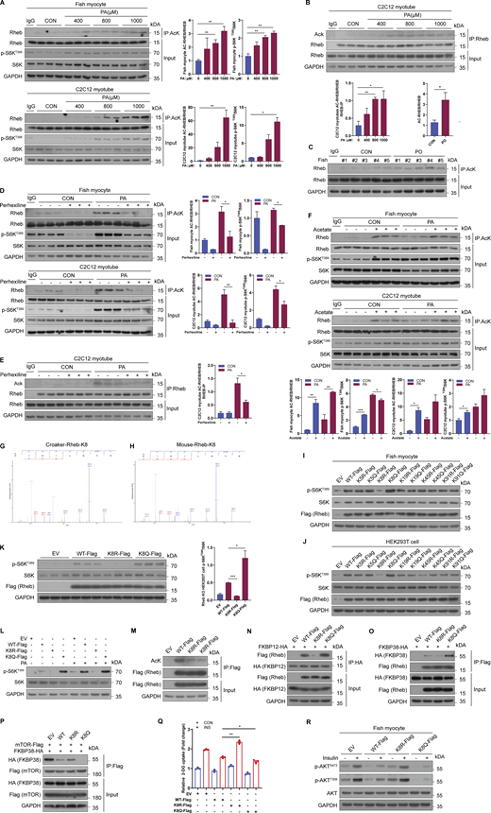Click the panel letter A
[5, 6]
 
